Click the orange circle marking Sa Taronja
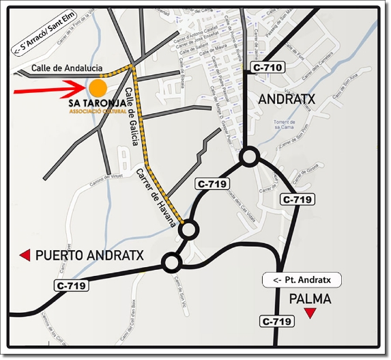(x=98, y=88)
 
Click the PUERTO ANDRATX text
(x=89, y=255)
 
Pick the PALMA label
(x=310, y=299)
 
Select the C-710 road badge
(x=267, y=68)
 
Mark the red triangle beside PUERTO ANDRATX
(x=25, y=255)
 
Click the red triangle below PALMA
(x=310, y=314)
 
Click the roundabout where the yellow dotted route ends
(x=188, y=231)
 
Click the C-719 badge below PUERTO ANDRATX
(x=71, y=286)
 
